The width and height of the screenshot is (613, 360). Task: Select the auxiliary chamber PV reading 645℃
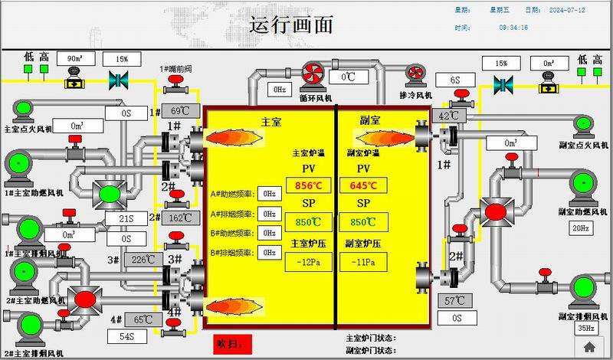364,186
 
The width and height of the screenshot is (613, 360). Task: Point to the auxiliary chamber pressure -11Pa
364,263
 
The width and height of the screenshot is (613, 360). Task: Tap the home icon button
588,346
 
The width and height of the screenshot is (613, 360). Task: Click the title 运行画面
291,25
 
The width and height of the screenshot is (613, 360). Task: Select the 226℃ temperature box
143,260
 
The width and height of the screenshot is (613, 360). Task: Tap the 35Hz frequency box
585,329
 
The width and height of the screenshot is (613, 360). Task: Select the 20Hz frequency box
580,227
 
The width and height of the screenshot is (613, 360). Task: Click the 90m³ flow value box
75,58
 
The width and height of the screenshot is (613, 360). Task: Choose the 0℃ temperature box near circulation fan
349,76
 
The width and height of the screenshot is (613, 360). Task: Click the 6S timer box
454,80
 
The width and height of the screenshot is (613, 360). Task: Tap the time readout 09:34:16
513,27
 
